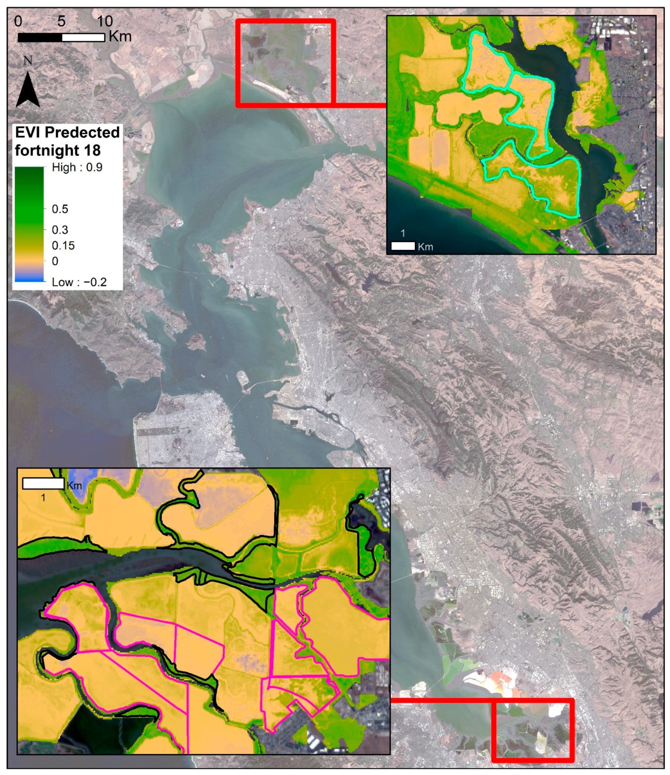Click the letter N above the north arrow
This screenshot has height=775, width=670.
pyautogui.click(x=27, y=61)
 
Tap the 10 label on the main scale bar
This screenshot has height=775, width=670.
pyautogui.click(x=105, y=21)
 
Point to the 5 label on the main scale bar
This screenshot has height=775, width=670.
pyautogui.click(x=61, y=21)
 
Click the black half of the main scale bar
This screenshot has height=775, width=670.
pyautogui.click(x=40, y=38)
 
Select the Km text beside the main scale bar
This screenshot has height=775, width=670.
pyautogui.click(x=120, y=37)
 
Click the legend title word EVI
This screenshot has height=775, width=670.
pyautogui.click(x=29, y=132)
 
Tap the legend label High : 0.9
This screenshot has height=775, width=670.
pyautogui.click(x=77, y=167)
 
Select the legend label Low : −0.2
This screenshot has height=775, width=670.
pyautogui.click(x=79, y=282)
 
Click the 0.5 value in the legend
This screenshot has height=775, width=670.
pyautogui.click(x=60, y=209)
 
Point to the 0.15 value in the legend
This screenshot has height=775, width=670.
pyautogui.click(x=63, y=245)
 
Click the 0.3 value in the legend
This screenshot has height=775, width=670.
pyautogui.click(x=60, y=230)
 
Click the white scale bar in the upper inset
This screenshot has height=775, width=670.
pyautogui.click(x=403, y=246)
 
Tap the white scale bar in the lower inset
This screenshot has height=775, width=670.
pyautogui.click(x=43, y=484)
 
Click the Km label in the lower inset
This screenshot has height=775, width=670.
pyautogui.click(x=74, y=486)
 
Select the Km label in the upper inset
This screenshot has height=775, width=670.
pyautogui.click(x=425, y=247)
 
